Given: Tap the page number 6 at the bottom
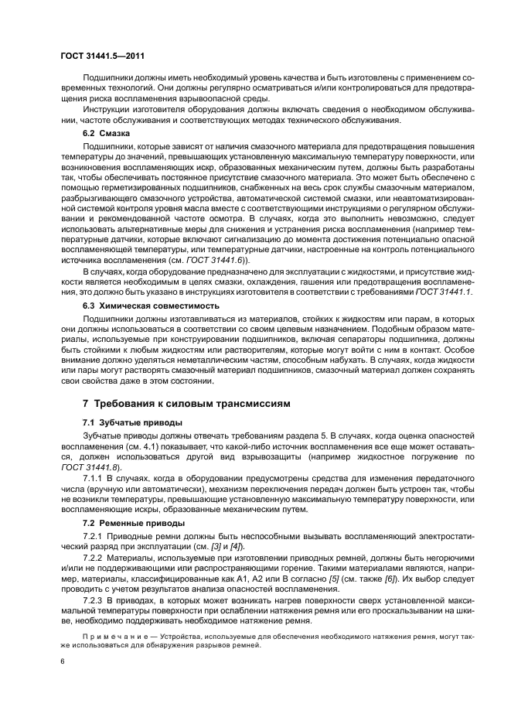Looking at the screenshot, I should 63,662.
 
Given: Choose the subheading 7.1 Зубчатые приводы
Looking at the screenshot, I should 132,422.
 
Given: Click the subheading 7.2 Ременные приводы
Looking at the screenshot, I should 134,524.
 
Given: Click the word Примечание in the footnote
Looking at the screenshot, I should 109,637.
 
